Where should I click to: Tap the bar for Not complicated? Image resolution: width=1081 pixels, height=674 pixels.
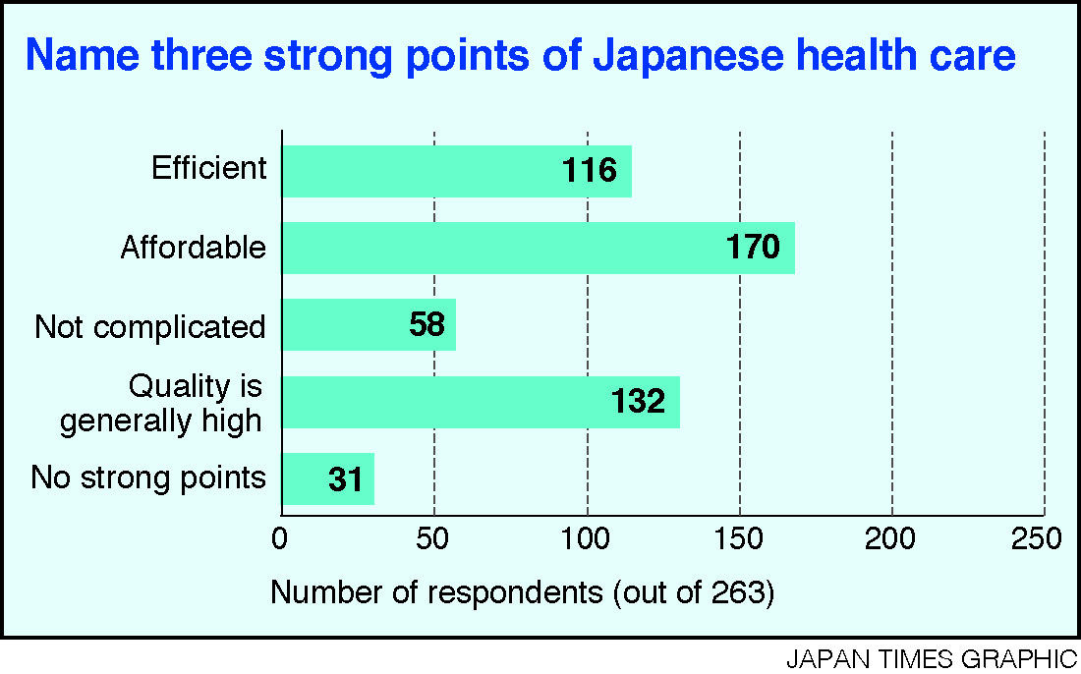344,324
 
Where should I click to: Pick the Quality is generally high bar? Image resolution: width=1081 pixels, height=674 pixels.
442,401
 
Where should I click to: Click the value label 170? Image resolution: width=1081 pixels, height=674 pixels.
754,248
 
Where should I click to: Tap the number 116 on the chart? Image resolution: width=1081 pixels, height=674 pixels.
590,171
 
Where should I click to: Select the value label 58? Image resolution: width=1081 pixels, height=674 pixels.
427,324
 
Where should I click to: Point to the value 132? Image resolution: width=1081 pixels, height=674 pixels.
639,401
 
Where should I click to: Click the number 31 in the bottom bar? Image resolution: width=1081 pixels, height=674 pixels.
346,480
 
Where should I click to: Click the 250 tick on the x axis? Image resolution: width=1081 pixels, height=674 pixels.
1039,539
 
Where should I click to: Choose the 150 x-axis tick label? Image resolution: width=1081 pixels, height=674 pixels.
739,539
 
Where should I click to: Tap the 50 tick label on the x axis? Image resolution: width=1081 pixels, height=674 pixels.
434,539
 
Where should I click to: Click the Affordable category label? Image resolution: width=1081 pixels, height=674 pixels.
194,248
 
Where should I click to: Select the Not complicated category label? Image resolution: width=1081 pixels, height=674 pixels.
150,327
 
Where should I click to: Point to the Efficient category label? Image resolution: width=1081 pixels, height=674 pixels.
209,168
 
